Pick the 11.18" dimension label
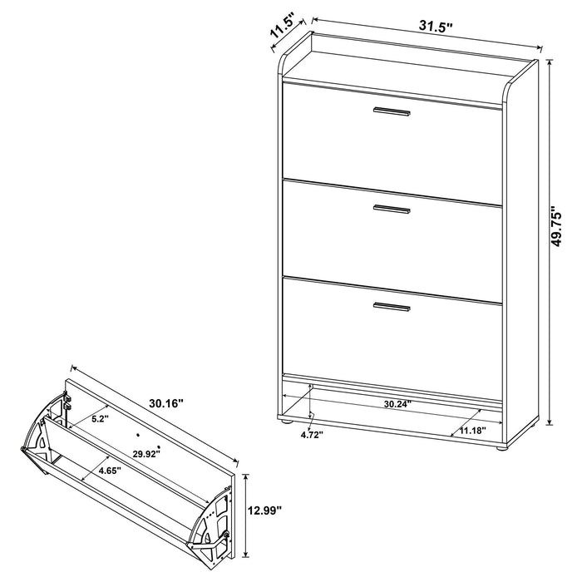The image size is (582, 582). pyautogui.click(x=471, y=432)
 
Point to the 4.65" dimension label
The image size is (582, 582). pyautogui.click(x=108, y=471)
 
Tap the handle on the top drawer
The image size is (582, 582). pyautogui.click(x=392, y=111)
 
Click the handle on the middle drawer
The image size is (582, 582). pyautogui.click(x=392, y=210)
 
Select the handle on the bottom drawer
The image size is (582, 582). pyautogui.click(x=392, y=308)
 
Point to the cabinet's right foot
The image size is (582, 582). pyautogui.click(x=501, y=451)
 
